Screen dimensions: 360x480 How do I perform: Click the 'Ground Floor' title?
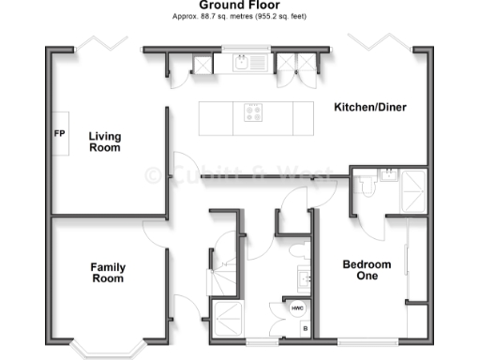[239, 6]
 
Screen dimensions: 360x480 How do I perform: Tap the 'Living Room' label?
[105, 142]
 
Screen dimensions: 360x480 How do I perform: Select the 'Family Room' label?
[108, 274]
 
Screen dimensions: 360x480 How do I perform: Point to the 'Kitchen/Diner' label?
[369, 108]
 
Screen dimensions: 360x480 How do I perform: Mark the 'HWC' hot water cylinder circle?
[296, 308]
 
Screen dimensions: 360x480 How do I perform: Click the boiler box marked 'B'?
[304, 329]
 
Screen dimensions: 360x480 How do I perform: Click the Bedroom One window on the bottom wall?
[353, 338]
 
